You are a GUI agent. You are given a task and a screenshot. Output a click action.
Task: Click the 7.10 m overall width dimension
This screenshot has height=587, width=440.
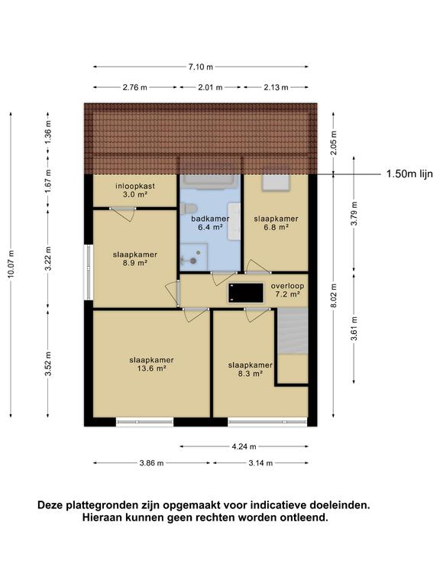point(201,67)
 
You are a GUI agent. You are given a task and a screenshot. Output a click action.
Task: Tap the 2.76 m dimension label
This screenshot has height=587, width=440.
point(135,88)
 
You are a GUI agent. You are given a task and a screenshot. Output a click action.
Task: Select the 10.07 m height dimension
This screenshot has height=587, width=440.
point(11,264)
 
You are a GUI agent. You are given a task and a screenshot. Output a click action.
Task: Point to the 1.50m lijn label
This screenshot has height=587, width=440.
point(409,174)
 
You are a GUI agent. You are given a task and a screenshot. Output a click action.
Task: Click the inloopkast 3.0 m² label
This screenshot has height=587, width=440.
point(135,190)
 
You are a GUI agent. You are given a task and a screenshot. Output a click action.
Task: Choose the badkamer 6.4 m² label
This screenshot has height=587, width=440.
point(210,222)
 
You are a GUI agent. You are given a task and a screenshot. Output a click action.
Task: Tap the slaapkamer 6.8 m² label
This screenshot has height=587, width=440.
point(276,222)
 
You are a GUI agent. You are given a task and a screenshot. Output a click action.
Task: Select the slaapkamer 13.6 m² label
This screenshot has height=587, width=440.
point(151,365)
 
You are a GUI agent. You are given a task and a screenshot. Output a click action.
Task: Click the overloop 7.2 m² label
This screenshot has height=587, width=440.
point(287,290)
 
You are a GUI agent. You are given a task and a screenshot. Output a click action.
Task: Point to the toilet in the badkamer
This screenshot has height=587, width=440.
point(188,209)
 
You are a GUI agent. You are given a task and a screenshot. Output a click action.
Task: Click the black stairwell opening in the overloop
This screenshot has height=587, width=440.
point(246,293)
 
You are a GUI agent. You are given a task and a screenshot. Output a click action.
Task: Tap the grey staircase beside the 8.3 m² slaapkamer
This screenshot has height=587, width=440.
point(293,331)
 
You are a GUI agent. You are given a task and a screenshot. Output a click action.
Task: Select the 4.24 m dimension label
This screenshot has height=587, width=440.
point(244,446)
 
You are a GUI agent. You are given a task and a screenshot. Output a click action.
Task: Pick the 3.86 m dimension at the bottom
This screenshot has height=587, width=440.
point(151,463)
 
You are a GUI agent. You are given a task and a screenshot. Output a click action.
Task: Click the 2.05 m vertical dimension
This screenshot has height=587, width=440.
point(334,143)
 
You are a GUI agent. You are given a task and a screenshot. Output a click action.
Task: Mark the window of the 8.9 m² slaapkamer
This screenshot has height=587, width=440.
point(89,272)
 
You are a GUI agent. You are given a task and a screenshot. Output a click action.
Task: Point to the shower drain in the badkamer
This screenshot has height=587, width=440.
point(193,261)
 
